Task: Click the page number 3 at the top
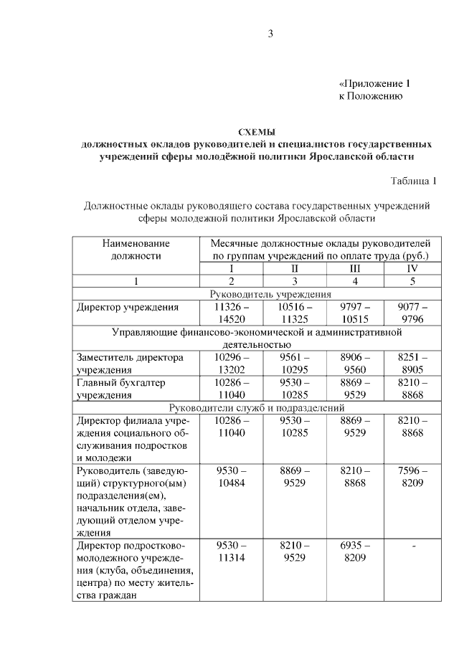271,33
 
